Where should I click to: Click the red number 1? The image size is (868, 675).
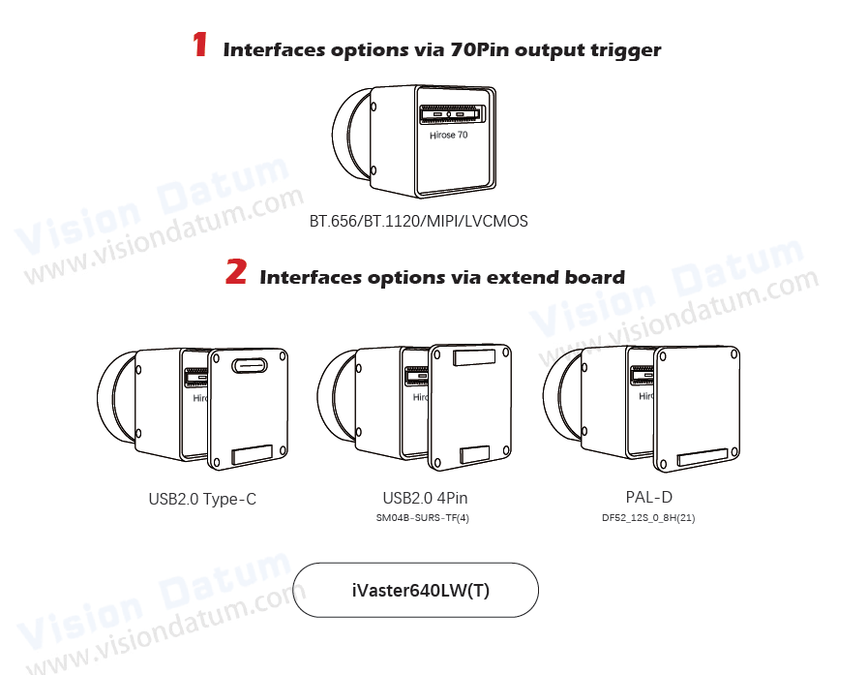[199, 45]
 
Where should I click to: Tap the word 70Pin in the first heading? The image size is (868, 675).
[481, 49]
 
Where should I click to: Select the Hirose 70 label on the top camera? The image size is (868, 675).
[448, 137]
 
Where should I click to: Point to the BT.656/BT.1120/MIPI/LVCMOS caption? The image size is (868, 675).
[418, 221]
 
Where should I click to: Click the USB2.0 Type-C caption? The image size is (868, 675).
[202, 500]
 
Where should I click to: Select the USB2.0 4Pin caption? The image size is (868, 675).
[432, 498]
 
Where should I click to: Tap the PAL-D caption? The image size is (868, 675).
[648, 498]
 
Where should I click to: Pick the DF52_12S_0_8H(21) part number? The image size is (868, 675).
[648, 518]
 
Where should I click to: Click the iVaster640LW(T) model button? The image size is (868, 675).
[415, 590]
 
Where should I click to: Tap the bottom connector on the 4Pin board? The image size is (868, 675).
[474, 453]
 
